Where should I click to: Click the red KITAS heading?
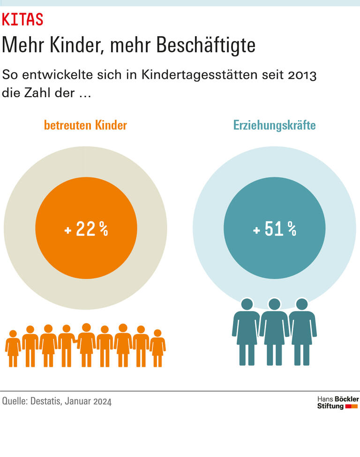[x=22, y=19]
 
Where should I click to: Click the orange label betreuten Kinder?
[x=85, y=126]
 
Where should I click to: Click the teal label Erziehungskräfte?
[x=274, y=126]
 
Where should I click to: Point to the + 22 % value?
[x=86, y=229]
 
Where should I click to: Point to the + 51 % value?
[x=275, y=229]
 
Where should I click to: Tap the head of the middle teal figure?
[x=274, y=304]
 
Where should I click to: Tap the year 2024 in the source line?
[x=102, y=402]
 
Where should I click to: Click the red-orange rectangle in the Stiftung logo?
[x=352, y=406]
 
